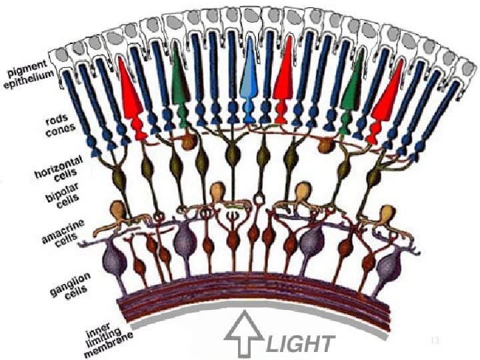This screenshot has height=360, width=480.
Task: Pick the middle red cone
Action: pos(285,83)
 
